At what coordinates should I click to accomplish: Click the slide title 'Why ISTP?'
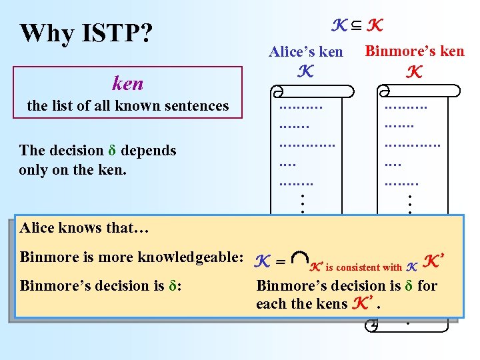(86, 33)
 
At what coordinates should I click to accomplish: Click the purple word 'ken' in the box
(127, 83)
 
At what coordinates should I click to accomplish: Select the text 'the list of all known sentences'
(127, 105)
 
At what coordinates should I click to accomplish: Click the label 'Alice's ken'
(305, 51)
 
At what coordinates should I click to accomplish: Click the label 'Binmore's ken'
(415, 51)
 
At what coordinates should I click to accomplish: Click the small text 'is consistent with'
(363, 267)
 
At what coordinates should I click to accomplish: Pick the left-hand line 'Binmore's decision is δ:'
(102, 285)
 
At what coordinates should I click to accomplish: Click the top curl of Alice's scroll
(278, 91)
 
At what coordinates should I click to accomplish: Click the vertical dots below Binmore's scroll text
(409, 203)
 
